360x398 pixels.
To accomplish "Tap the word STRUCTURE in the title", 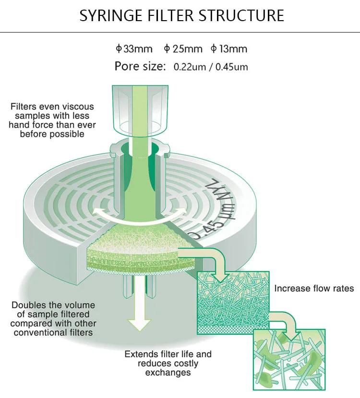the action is (241, 15).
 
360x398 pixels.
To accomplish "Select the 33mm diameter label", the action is (134, 48).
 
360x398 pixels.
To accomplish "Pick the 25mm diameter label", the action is (183, 48).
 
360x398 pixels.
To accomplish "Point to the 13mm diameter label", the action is (229, 48).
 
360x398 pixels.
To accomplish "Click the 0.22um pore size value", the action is (190, 67).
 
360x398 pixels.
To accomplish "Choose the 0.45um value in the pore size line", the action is (232, 67).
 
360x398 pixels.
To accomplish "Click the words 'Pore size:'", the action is (140, 66).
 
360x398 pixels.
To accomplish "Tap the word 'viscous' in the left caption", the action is (78, 107).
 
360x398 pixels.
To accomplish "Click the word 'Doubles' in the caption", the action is (28, 305).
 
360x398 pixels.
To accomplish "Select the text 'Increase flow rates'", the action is (314, 289).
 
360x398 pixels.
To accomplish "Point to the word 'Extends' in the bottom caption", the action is (141, 354).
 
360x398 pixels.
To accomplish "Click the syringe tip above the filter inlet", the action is (140, 109).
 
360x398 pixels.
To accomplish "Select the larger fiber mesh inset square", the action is (233, 303).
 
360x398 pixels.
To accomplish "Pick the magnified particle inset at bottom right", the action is (289, 360).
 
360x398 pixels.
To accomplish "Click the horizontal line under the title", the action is (180, 32).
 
